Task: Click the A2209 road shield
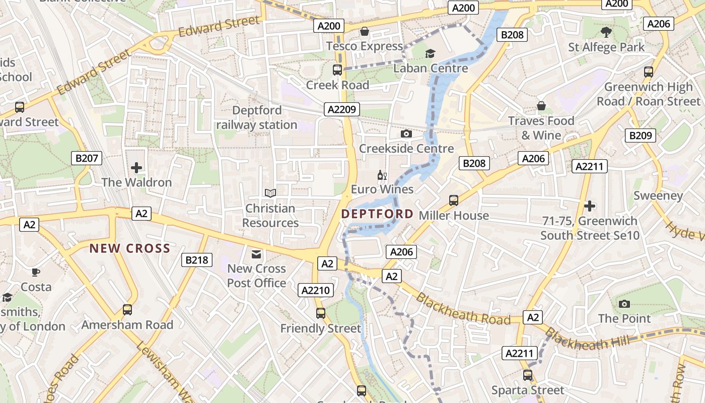click(341, 109)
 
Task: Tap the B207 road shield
click(87, 159)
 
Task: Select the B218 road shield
click(197, 260)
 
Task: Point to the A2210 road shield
click(316, 290)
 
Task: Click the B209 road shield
click(641, 135)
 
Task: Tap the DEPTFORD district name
click(377, 214)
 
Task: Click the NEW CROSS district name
click(130, 248)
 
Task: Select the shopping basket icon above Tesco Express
click(365, 32)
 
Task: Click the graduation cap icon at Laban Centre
click(430, 53)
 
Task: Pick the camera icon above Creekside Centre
click(406, 134)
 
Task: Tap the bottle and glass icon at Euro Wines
click(382, 176)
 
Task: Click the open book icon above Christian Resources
click(270, 193)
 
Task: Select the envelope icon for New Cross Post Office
click(256, 254)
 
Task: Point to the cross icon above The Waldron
click(136, 168)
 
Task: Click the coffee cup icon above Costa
click(36, 273)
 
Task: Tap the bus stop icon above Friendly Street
click(321, 313)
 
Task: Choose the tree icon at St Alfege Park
click(606, 32)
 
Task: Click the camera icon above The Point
click(624, 304)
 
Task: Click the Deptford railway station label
click(257, 117)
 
